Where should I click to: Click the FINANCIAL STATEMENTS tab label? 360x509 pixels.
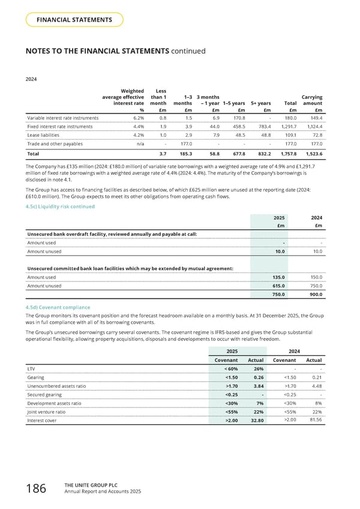pyautogui.click(x=74, y=20)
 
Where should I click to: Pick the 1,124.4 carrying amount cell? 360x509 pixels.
pyautogui.click(x=313, y=127)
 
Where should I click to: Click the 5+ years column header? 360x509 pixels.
pyautogui.click(x=260, y=103)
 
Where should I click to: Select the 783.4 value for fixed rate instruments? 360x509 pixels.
pyautogui.click(x=263, y=127)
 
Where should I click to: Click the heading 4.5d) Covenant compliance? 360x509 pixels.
pyautogui.click(x=59, y=307)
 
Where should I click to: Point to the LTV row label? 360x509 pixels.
pyautogui.click(x=31, y=368)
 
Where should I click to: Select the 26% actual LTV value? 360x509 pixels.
pyautogui.click(x=259, y=368)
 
